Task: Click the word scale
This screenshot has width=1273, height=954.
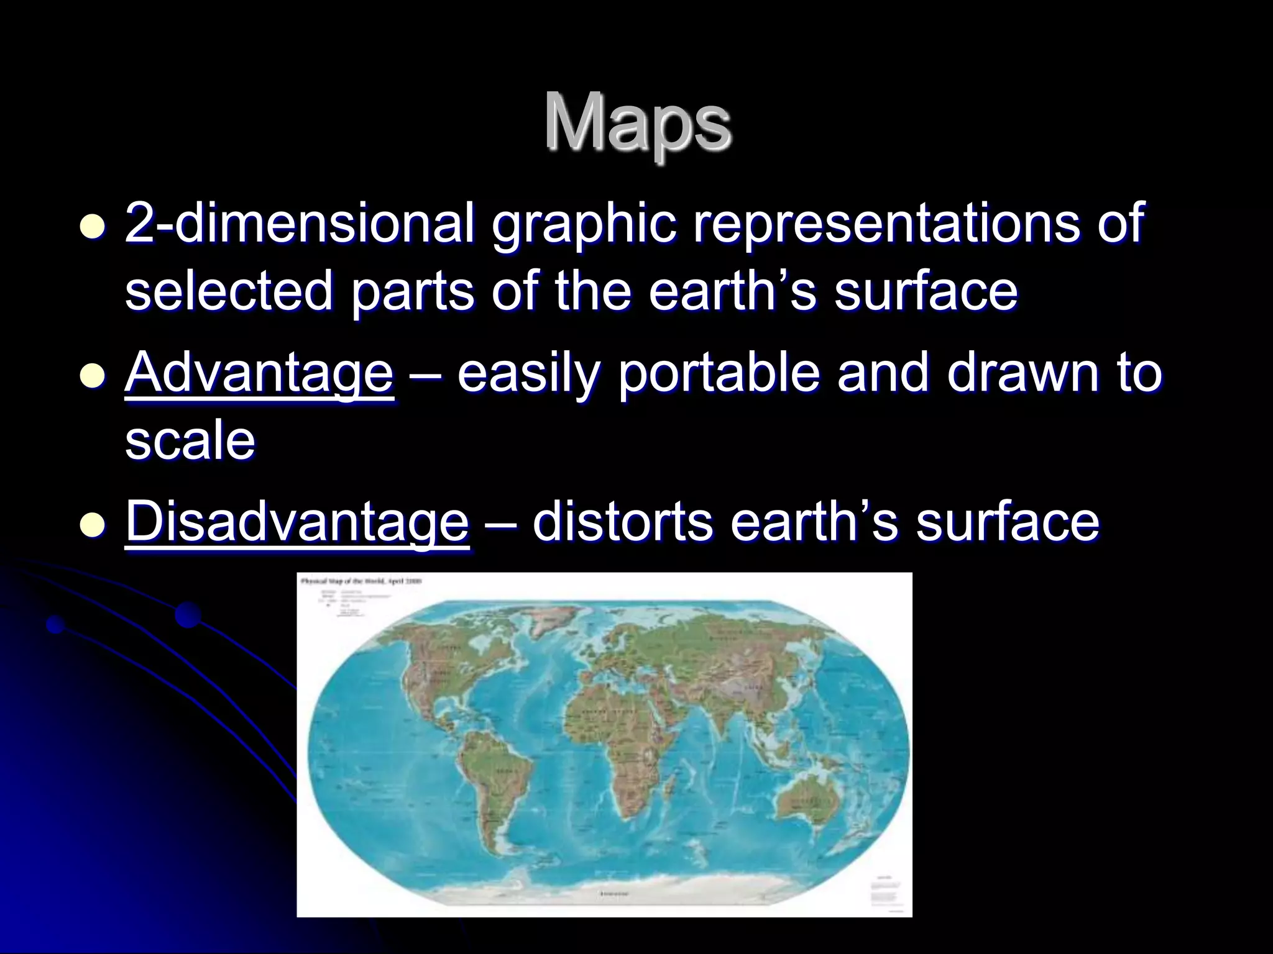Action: (190, 440)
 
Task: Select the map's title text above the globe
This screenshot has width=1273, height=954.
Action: (361, 581)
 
